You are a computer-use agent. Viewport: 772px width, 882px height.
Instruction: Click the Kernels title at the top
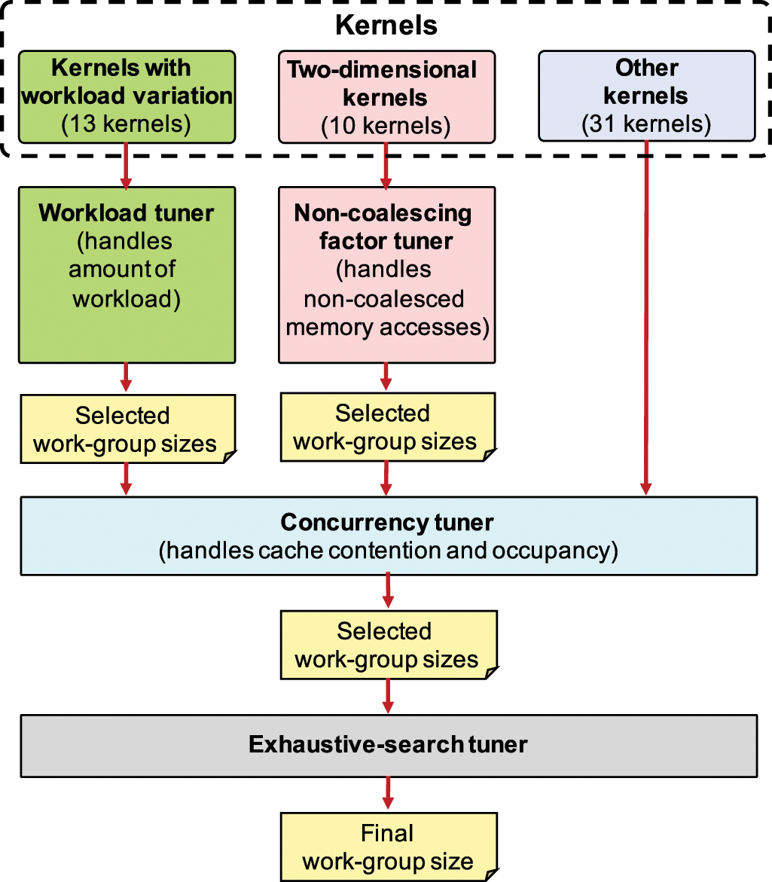point(386,25)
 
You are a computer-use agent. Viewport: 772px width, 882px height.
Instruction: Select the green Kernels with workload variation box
point(127,96)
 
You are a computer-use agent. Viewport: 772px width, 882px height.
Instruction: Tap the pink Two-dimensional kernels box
point(386,96)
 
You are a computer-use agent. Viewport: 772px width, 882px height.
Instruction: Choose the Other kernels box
point(646,96)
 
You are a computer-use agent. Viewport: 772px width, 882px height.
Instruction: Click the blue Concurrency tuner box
point(388,536)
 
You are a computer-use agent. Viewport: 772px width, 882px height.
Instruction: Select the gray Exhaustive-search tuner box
point(388,745)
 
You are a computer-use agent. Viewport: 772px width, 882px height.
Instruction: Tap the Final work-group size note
point(388,847)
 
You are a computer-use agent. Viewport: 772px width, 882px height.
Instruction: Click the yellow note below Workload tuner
point(127,429)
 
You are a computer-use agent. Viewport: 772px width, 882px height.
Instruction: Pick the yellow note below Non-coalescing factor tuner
point(386,426)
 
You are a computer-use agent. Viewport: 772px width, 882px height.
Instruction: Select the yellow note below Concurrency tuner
point(388,645)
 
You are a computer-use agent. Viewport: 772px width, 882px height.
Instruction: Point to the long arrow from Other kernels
point(646,316)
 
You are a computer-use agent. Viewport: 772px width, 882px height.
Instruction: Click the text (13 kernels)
point(127,123)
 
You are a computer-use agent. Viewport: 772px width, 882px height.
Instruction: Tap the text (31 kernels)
point(646,123)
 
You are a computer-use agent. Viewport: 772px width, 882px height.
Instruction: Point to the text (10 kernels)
point(386,125)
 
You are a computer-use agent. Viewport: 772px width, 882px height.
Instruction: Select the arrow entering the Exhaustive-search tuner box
point(388,696)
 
